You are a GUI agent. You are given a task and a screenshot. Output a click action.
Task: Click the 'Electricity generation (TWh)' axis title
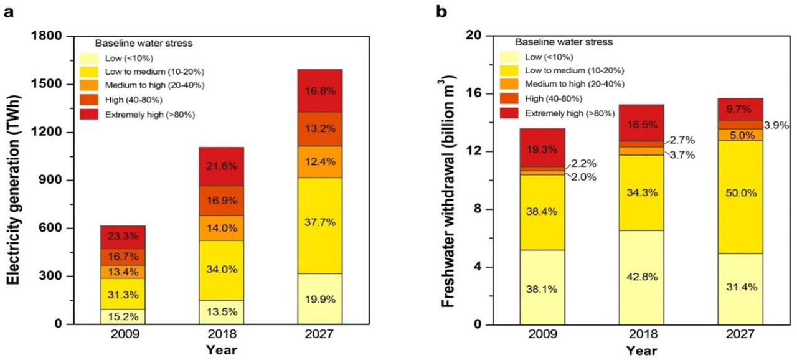(16, 181)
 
